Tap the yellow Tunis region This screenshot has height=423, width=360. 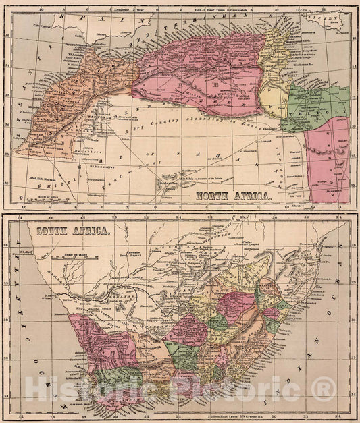pyautogui.click(x=274, y=74)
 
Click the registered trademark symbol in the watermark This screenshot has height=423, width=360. pyautogui.click(x=325, y=389)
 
